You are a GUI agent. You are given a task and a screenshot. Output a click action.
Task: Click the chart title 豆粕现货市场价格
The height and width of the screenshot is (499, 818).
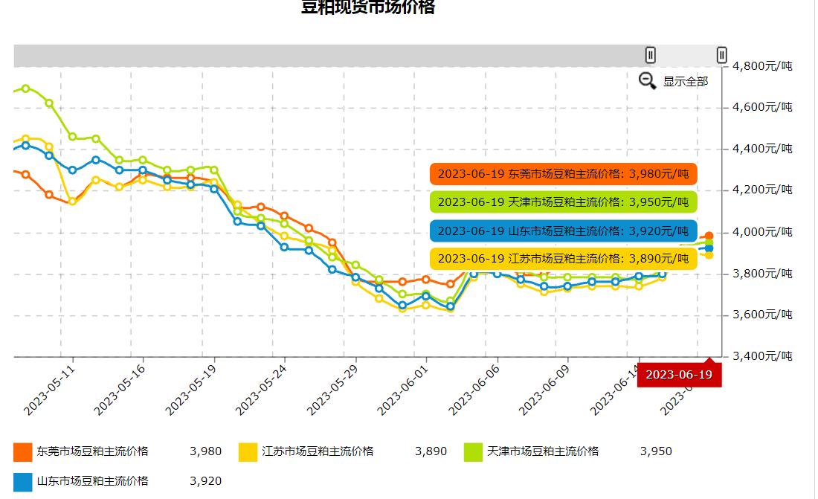point(367,7)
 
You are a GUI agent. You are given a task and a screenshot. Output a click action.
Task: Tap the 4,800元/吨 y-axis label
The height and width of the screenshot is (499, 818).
point(762,66)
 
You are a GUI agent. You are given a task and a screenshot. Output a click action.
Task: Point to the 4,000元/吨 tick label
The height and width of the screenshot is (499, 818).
point(762,232)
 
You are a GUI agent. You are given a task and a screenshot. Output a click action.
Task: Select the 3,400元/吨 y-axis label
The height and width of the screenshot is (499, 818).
point(762,356)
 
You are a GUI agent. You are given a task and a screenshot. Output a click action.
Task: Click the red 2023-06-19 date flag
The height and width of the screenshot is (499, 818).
point(679,374)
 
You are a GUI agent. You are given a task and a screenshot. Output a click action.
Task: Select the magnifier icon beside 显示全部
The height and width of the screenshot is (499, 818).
point(647,81)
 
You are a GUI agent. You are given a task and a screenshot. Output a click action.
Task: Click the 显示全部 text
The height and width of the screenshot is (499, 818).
point(686,82)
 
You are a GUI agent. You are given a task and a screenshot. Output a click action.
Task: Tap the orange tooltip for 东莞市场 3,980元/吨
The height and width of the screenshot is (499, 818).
point(563,174)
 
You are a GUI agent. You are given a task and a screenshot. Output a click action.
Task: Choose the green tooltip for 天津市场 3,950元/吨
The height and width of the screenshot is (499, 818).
point(563,202)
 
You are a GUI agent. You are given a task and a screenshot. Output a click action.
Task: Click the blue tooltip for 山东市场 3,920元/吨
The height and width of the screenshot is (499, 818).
point(563,231)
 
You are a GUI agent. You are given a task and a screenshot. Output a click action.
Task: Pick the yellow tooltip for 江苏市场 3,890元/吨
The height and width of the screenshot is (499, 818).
point(563,259)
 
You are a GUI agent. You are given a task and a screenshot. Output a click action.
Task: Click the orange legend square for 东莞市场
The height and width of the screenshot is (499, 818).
point(23,451)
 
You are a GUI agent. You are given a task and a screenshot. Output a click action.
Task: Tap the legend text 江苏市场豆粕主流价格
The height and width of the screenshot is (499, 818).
point(318,451)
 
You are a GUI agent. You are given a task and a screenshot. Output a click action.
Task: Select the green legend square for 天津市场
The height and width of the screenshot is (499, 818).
point(474,451)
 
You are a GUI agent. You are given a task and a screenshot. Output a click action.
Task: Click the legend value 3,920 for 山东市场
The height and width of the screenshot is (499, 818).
point(206,481)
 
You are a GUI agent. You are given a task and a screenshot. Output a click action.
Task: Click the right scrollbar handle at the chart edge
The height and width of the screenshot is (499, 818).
point(721,55)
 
